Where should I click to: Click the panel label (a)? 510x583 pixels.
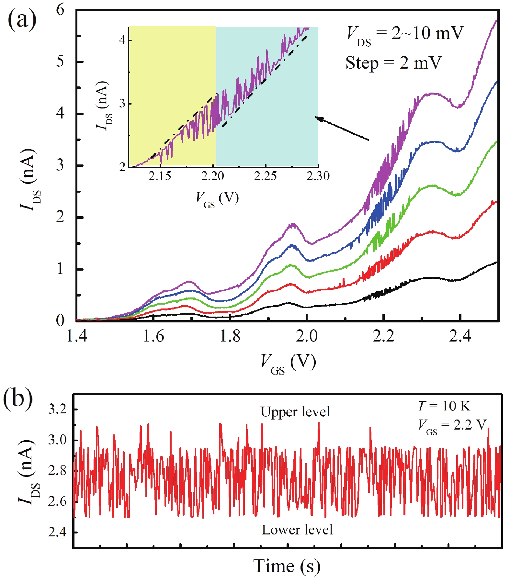click(22, 20)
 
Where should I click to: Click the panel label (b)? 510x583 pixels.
click(18, 398)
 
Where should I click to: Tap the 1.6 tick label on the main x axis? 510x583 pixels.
click(153, 336)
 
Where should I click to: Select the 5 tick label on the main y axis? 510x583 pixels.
click(61, 61)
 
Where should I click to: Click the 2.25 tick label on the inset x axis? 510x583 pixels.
click(265, 176)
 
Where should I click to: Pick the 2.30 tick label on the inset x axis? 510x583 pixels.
click(318, 176)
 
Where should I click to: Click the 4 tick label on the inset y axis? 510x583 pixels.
click(122, 40)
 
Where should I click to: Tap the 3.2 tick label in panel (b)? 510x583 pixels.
click(57, 409)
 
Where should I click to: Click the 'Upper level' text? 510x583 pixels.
click(295, 412)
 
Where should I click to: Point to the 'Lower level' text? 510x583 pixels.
click(297, 530)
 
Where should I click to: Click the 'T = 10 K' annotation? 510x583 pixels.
click(444, 406)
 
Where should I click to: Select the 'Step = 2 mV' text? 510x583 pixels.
click(393, 63)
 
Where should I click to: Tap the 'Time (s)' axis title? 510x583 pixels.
click(287, 566)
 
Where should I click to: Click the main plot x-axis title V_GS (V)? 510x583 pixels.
click(288, 363)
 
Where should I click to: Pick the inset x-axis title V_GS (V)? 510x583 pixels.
click(217, 198)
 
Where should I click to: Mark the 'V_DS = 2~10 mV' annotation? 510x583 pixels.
click(405, 34)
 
